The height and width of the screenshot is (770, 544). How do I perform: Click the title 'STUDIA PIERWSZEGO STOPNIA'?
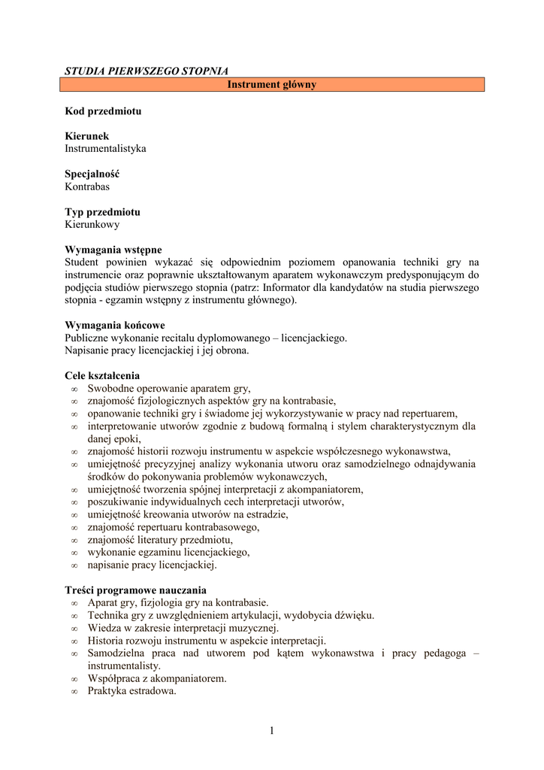point(147,71)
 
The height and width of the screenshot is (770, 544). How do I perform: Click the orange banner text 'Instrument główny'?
point(272,85)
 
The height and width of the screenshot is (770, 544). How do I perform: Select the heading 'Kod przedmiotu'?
point(103,111)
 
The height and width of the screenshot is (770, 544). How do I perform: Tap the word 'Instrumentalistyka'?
point(105,149)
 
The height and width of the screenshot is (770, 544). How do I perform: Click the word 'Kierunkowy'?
point(92,224)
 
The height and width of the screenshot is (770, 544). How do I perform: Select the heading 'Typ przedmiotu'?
point(102,212)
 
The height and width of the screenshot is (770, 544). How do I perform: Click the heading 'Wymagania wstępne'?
point(113,250)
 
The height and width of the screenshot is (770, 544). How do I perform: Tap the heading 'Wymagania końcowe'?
point(115,326)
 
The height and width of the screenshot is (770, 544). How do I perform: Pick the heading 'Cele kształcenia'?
point(102,376)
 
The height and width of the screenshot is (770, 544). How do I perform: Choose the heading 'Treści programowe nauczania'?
point(136,590)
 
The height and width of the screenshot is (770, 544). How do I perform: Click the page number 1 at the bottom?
point(272,729)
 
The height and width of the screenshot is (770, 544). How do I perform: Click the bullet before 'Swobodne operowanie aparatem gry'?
point(74,389)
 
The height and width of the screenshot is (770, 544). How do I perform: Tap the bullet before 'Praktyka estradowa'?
point(74,691)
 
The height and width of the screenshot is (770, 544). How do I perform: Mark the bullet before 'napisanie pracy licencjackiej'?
point(74,565)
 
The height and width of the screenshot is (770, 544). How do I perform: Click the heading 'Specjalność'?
point(92,174)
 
